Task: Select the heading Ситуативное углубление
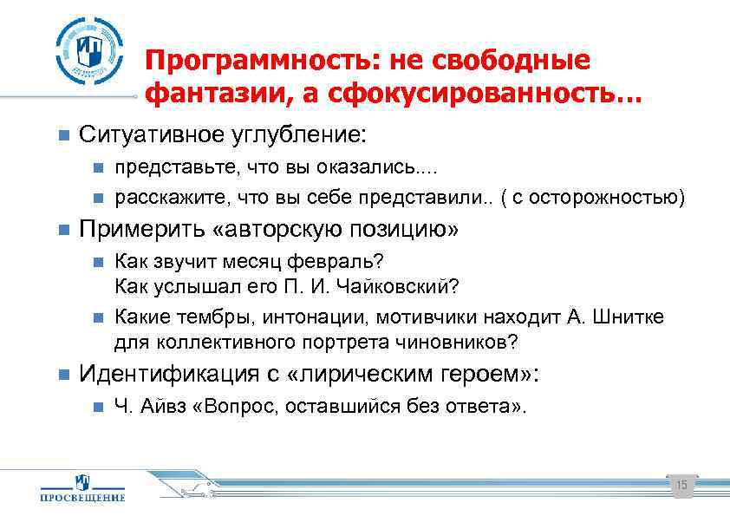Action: tap(223, 135)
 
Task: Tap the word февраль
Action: tap(343, 262)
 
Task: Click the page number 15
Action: tap(681, 486)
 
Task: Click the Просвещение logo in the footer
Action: tap(83, 488)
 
